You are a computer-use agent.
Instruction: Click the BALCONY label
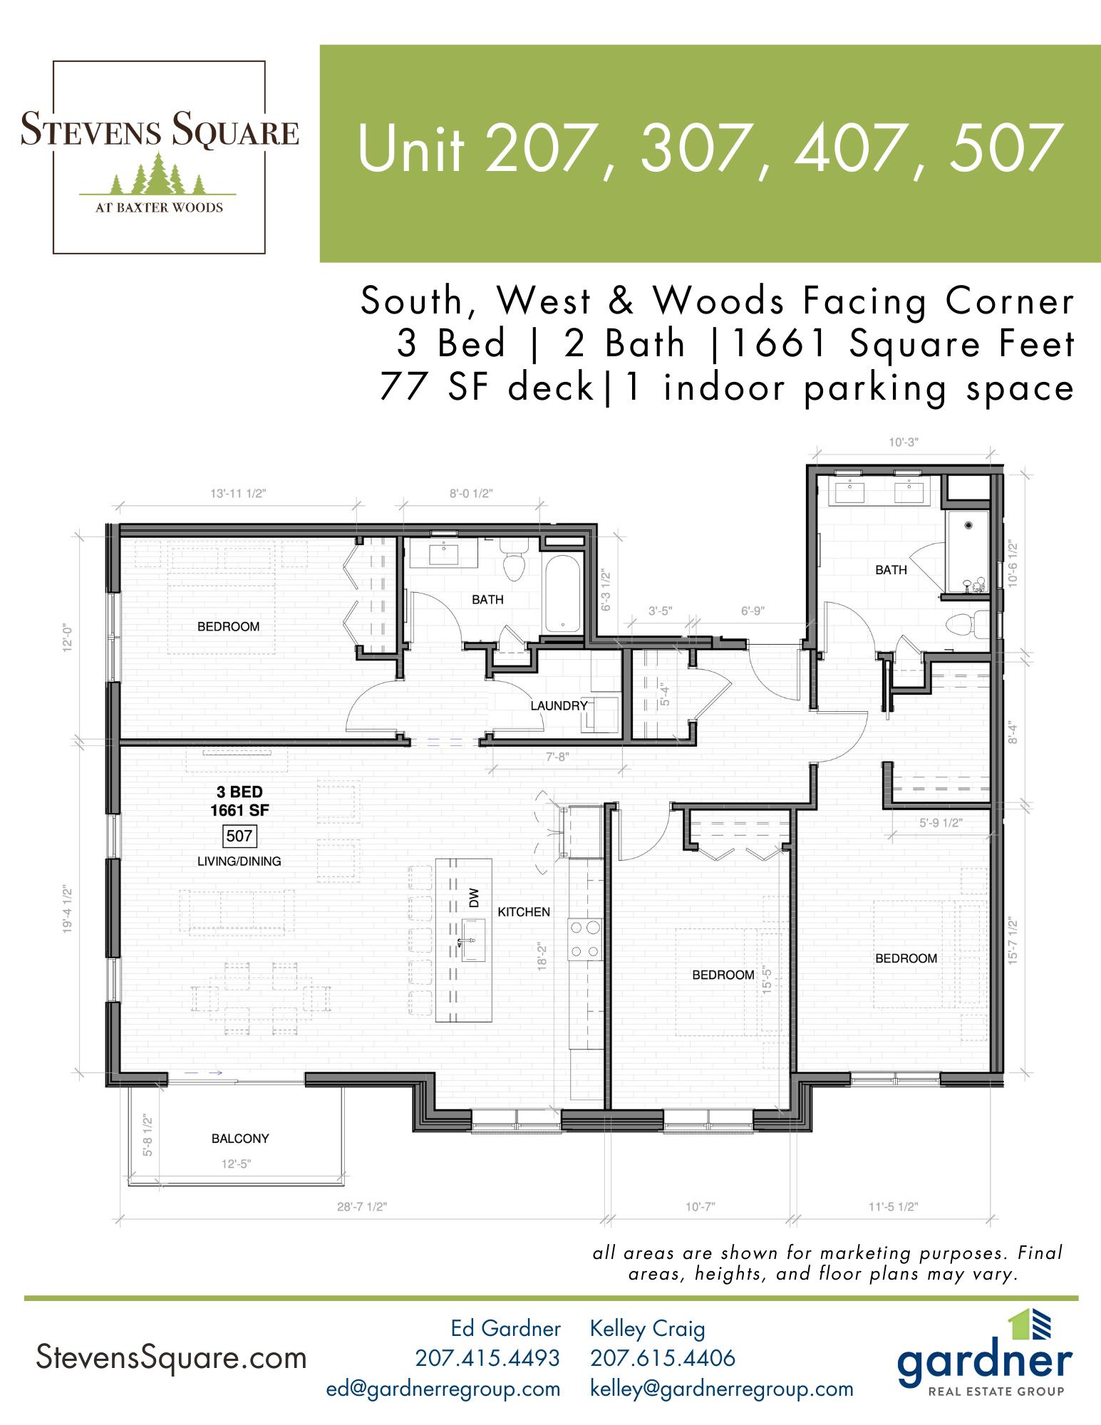click(240, 1139)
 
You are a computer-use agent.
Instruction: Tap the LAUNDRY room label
click(559, 705)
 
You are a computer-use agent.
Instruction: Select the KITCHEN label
click(524, 911)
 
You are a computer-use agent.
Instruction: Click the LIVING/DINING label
click(239, 861)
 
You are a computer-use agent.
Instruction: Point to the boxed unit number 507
click(239, 835)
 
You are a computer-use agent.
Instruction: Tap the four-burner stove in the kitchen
click(584, 938)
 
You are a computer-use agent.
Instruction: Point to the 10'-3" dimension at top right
click(904, 442)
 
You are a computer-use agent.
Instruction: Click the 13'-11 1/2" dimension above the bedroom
click(238, 493)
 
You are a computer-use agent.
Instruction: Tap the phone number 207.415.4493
click(487, 1358)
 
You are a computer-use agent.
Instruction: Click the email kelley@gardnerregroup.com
click(722, 1389)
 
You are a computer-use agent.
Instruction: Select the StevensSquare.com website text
click(171, 1358)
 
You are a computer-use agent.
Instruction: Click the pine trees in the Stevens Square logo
click(158, 175)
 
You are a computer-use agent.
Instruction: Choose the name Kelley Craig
click(648, 1328)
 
